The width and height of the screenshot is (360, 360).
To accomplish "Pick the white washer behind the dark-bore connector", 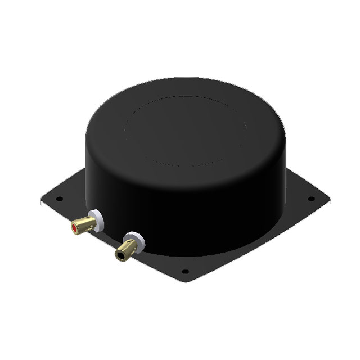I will click(134, 238).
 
